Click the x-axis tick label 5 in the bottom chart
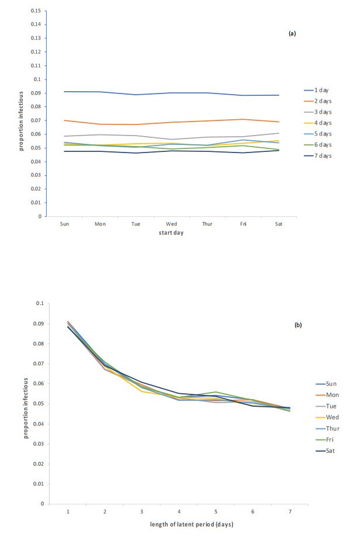coord(216,511)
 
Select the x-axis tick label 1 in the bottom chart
coord(67,511)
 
